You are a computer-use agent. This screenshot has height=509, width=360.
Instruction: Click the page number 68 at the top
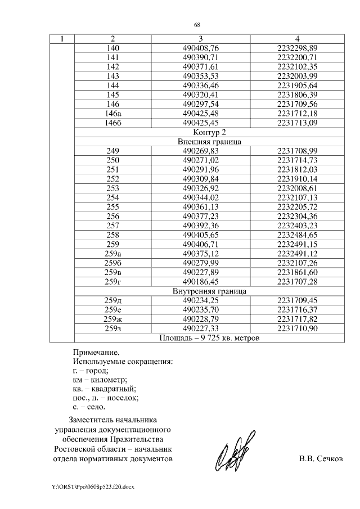[x=197, y=25]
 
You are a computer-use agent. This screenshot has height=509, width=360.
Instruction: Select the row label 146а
[x=112, y=114]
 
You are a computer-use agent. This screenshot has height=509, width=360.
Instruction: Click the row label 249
[x=112, y=151]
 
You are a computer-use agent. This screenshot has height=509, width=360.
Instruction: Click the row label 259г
[x=112, y=281]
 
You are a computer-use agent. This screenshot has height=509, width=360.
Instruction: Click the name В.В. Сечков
[x=320, y=458]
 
